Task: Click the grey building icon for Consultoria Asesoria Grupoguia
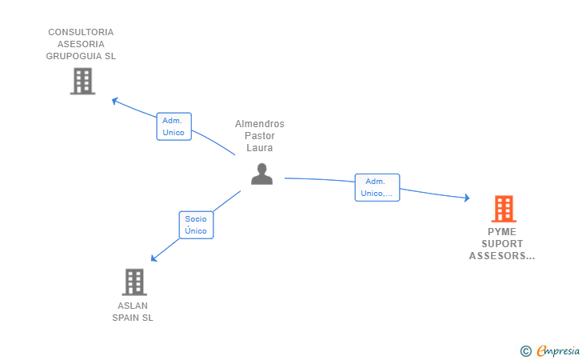pos(82,81)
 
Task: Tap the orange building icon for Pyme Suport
pos(503,209)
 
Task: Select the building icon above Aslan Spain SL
pos(134,282)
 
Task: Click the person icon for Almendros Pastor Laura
pos(261,174)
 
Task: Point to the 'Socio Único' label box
pos(196,225)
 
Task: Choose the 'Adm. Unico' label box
pos(173,126)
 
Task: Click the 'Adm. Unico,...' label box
pos(377,187)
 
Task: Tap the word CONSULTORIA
pos(81,32)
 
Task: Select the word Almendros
pos(259,124)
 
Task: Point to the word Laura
pos(259,148)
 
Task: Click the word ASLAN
pos(132,306)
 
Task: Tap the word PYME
pos(502,232)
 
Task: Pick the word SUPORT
pos(502,244)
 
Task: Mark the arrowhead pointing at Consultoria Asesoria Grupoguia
pos(114,101)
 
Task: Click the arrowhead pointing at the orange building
pos(467,198)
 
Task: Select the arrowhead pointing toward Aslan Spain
pos(153,258)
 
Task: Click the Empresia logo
pos(558,350)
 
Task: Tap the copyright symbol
pos(525,350)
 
